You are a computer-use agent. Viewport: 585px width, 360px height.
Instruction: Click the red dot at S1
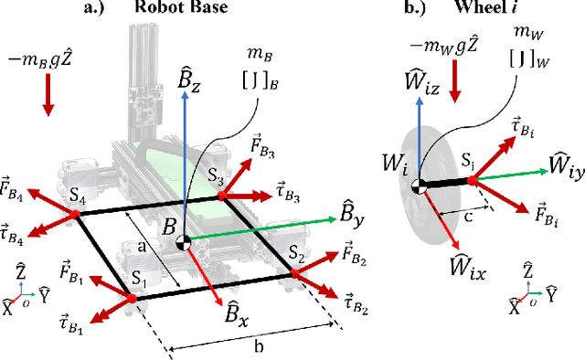tap(126, 294)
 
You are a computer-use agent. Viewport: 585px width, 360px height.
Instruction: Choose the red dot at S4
tap(75, 215)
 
